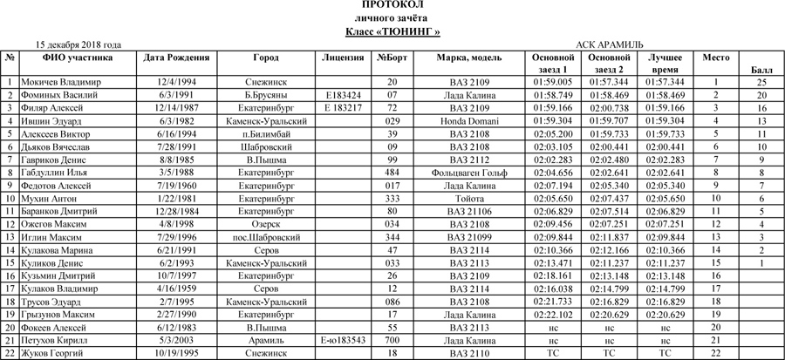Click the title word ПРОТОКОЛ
(392, 5)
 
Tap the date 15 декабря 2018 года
(78, 44)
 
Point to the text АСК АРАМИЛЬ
(610, 44)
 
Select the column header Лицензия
(343, 58)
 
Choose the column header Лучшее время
(666, 63)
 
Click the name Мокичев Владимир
(60, 82)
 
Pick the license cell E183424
(343, 95)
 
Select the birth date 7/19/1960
(175, 186)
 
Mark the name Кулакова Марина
(58, 250)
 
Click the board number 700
(392, 341)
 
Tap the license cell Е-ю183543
(343, 341)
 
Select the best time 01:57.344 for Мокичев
(666, 82)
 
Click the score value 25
(761, 82)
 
